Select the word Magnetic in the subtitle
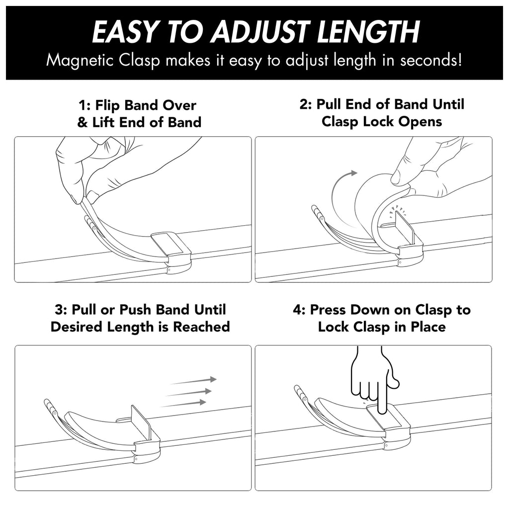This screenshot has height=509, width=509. click(x=80, y=61)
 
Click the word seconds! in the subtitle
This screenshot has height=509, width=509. click(x=430, y=60)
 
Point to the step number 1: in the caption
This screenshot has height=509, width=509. click(x=84, y=105)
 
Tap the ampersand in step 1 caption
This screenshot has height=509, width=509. click(x=83, y=123)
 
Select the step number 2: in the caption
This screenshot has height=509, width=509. click(x=306, y=104)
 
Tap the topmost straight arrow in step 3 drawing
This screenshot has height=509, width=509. click(x=194, y=381)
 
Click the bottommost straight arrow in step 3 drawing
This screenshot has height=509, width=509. click(x=183, y=404)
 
